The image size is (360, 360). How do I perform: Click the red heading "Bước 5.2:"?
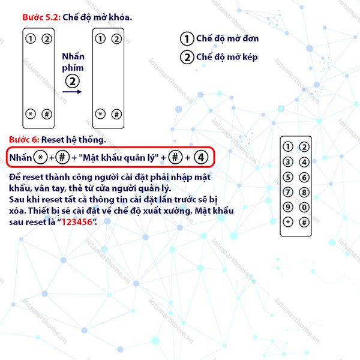pos(41,17)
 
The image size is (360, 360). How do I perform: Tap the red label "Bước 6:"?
pos(24,140)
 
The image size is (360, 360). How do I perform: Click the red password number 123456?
pos(77,222)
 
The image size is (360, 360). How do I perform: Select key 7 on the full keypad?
pos(288,192)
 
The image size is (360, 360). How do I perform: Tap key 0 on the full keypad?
pos(304,208)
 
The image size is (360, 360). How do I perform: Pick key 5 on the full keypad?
pos(288,177)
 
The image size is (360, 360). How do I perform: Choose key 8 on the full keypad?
pos(304,192)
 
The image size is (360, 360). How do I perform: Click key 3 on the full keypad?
pos(288,162)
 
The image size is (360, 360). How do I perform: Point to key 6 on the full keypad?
pos(304,177)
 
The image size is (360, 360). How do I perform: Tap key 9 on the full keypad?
pos(288,208)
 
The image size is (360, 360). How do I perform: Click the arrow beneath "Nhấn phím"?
pos(72,92)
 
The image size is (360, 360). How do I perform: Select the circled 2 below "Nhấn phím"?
pos(73,81)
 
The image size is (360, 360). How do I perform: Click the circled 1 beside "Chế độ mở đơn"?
pos(187,38)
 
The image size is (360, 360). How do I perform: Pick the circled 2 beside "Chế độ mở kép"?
pos(187,57)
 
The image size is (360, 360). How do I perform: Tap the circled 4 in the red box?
pos(201,157)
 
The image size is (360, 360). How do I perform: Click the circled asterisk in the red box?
pos(40,157)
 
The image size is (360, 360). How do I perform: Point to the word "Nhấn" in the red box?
pos(20,157)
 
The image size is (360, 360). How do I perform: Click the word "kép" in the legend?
pos(250,58)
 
